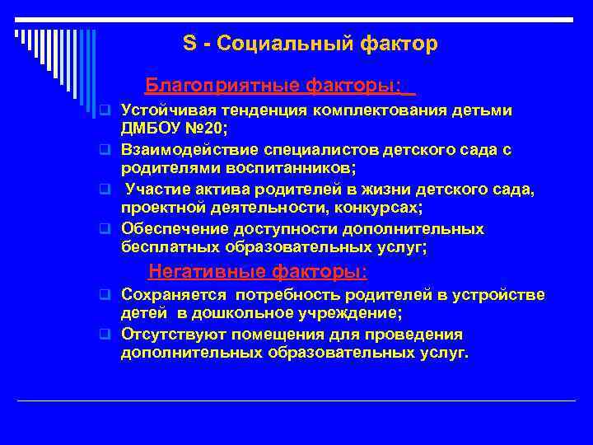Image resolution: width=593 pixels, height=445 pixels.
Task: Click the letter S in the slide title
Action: pos(188,44)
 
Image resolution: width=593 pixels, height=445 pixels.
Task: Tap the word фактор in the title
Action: pos(399,44)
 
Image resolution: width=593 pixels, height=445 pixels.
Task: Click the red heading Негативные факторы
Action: pos(258,271)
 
